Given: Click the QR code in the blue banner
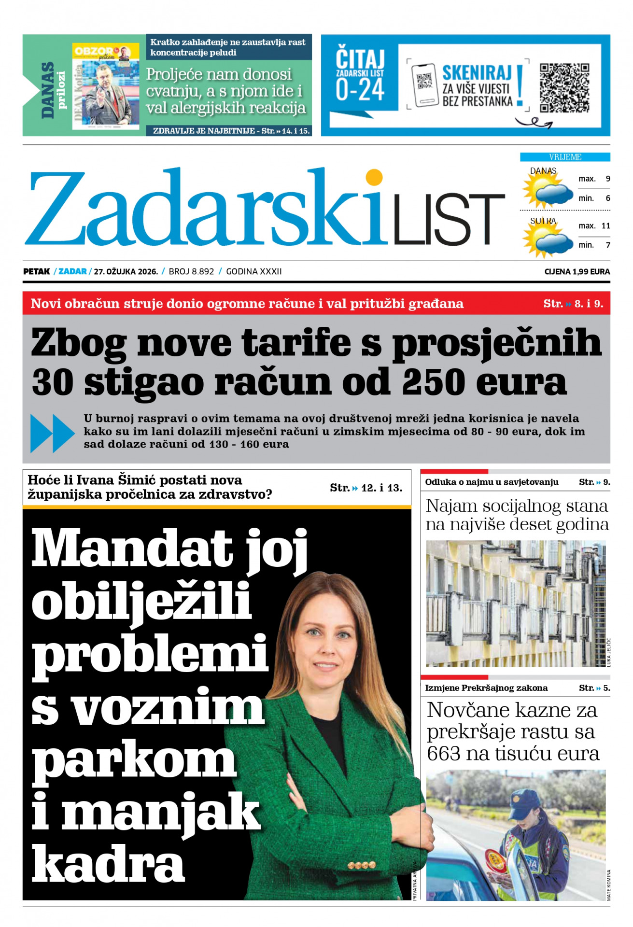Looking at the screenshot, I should tap(564, 87).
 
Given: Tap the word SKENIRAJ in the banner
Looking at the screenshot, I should tap(477, 73).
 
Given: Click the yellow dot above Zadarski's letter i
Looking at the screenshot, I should tap(374, 177).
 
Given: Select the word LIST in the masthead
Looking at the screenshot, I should tap(449, 219).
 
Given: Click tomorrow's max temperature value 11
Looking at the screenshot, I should tap(605, 225).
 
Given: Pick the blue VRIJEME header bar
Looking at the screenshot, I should tap(564, 157).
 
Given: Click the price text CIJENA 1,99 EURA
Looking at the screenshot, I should tap(577, 271).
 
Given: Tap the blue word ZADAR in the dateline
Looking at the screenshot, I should tap(72, 271).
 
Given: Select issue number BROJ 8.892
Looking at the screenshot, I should tap(191, 271).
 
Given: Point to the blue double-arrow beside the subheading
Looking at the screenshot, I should tap(52, 433).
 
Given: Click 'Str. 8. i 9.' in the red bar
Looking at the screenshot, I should tap(573, 304).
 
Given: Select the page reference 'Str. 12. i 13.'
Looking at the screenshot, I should tap(366, 488).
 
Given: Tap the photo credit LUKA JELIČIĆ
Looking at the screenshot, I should tap(608, 652).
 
